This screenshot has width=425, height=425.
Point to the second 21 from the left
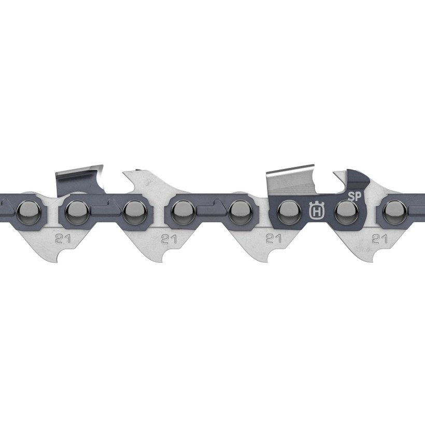[166, 239]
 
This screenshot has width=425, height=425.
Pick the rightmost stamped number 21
[379, 239]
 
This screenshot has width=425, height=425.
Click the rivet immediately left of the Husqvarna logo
[287, 210]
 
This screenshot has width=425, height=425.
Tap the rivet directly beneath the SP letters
[344, 210]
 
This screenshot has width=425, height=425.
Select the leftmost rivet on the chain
[24, 210]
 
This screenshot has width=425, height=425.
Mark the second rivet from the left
[77, 210]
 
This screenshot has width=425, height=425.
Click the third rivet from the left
[133, 210]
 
